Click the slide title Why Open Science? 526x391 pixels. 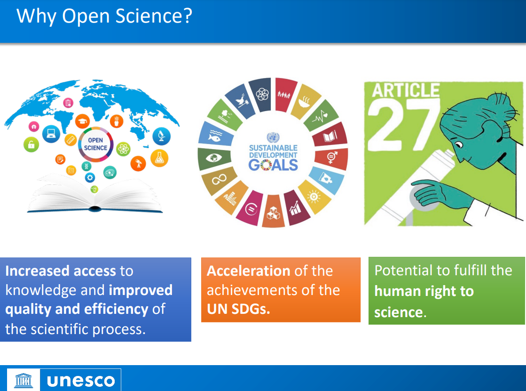(x=104, y=16)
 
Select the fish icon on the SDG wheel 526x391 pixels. (x=215, y=135)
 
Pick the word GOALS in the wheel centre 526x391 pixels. (x=273, y=165)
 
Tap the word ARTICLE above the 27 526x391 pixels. (x=406, y=89)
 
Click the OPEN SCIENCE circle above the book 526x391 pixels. (x=95, y=144)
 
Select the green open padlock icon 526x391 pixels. (x=31, y=145)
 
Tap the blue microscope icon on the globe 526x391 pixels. (x=161, y=136)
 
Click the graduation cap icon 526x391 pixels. (x=82, y=121)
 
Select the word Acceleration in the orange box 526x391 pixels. (x=249, y=271)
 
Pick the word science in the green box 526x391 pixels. (x=398, y=312)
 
